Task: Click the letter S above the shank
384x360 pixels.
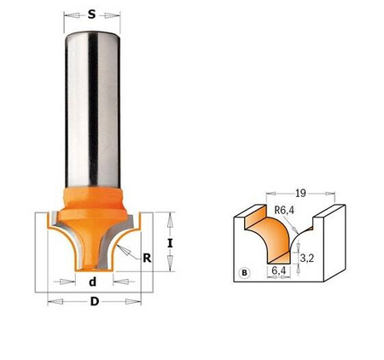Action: (92, 15)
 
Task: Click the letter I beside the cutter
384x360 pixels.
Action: (172, 243)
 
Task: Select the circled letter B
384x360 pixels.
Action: (246, 273)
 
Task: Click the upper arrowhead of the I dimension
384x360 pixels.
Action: (172, 217)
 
